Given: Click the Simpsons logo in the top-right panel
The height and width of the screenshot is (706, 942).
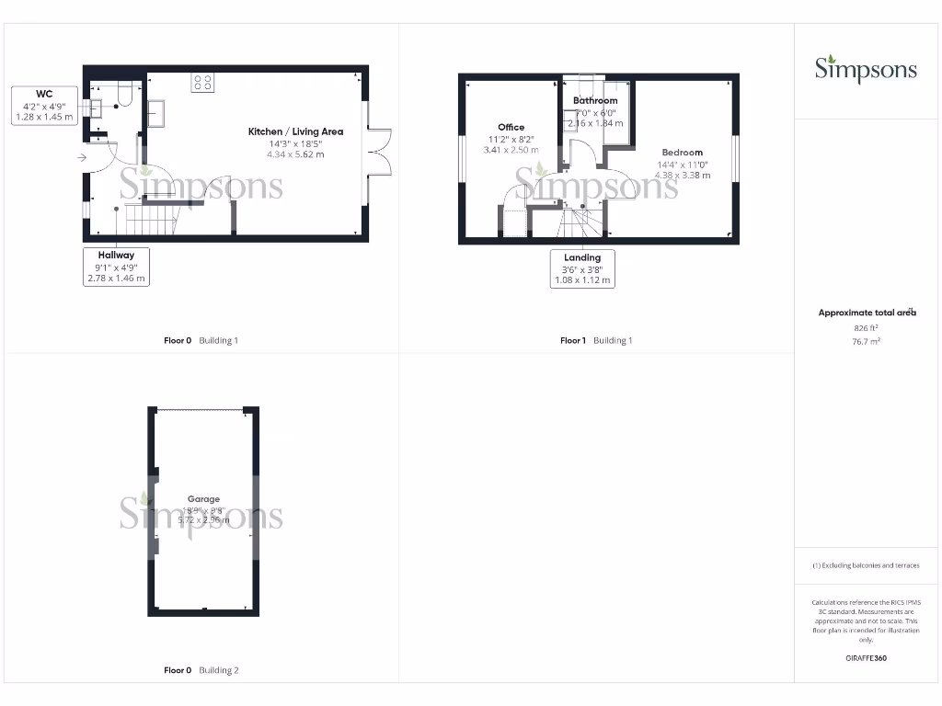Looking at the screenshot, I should coord(865,69).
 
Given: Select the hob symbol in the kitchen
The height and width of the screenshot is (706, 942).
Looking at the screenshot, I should coord(203,83).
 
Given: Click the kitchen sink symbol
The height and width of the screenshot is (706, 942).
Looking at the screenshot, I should coord(155,112).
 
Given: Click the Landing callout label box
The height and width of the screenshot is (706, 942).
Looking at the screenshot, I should coord(581,269).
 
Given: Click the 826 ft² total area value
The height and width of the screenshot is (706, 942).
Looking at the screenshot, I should coord(867,328).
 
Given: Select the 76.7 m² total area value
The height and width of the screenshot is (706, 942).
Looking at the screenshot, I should coord(867,341).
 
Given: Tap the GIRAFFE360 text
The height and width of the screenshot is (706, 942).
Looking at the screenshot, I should coord(866,658).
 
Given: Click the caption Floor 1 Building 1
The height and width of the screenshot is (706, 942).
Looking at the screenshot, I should coord(596,341).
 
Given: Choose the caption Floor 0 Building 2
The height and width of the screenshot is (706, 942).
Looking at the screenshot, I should coord(201,671).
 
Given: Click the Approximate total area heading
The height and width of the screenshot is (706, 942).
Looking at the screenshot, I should coord(867,313).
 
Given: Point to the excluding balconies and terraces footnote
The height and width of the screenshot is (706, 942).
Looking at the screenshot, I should coord(866,565).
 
